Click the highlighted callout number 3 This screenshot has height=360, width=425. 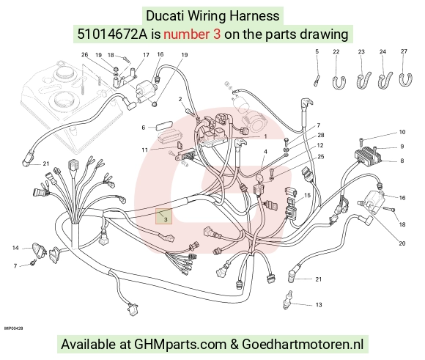166,219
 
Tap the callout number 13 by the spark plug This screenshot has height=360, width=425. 319,305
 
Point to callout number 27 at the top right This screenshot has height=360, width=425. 404,51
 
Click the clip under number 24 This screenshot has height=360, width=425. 385,81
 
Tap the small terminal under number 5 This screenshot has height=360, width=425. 317,81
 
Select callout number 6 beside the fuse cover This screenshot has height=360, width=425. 144,128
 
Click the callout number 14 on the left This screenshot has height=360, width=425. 15,248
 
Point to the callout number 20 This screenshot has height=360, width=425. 402,243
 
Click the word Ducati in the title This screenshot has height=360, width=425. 166,15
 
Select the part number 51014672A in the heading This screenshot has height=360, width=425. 112,34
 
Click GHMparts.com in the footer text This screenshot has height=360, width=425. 180,344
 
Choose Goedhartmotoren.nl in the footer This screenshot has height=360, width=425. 303,344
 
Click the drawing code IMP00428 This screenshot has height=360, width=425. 13,328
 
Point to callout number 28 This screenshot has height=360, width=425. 321,135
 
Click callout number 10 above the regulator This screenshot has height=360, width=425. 402,132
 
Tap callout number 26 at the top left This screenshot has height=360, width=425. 85,54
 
